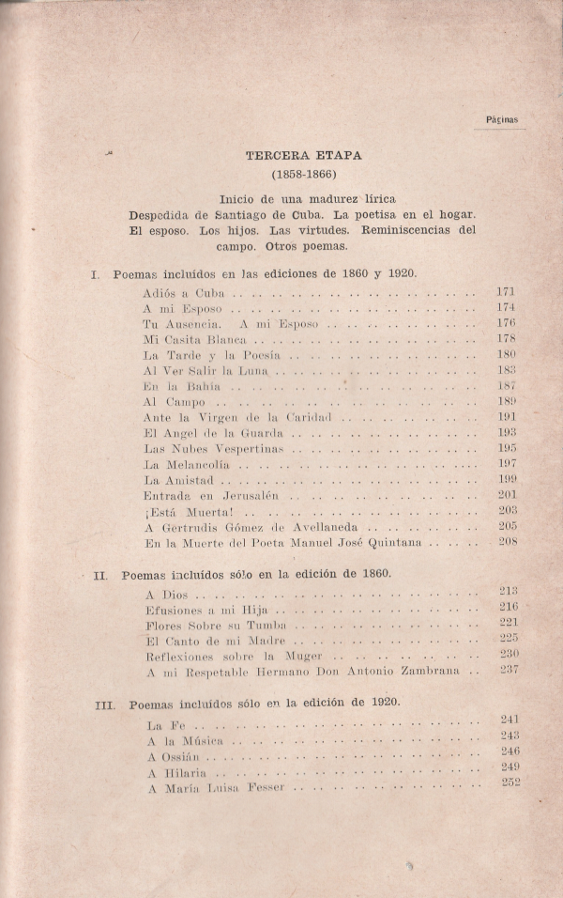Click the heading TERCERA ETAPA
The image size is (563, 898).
(x=303, y=156)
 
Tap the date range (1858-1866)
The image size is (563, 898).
(x=303, y=175)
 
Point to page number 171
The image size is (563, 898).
(x=506, y=291)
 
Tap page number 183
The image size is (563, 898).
(x=506, y=370)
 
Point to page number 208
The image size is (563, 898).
(x=508, y=542)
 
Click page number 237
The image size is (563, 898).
(x=509, y=669)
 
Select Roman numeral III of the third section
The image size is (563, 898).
(x=105, y=704)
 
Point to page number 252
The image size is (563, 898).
(x=510, y=783)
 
